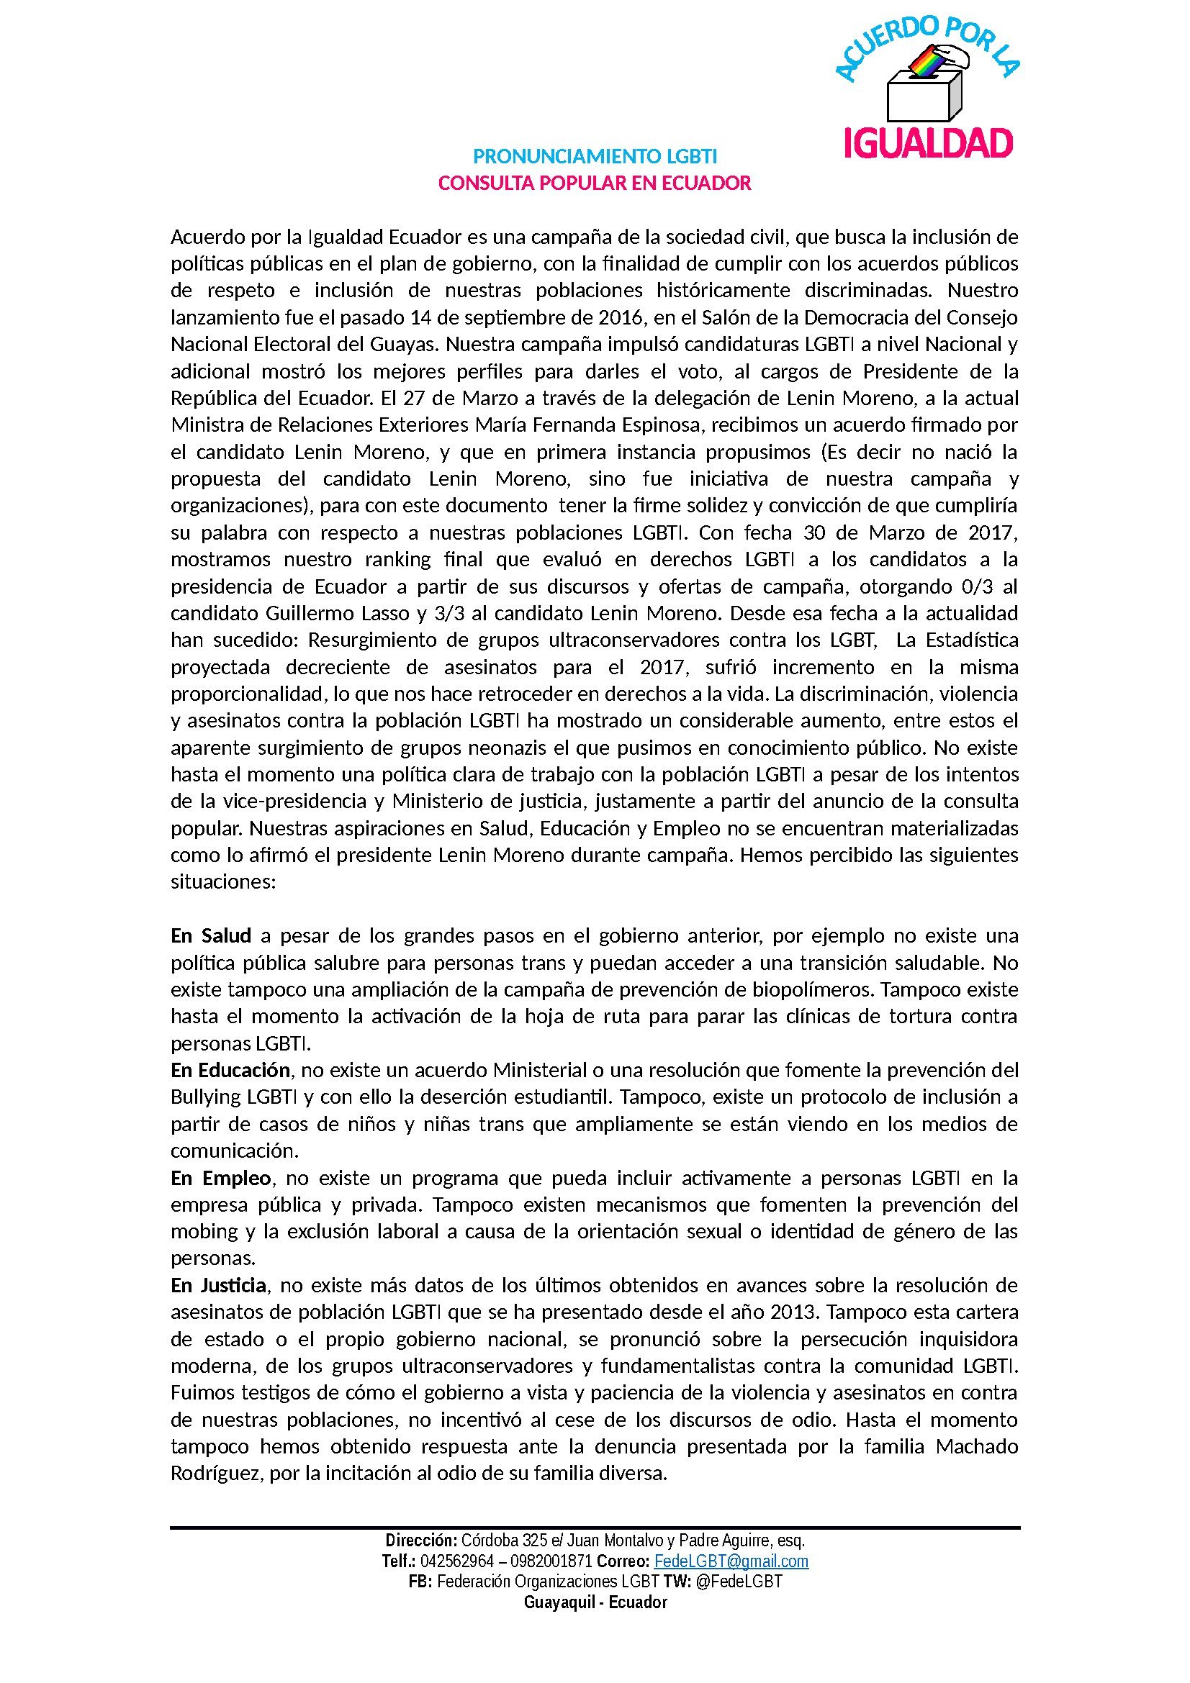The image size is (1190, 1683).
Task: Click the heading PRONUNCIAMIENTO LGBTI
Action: pos(595,156)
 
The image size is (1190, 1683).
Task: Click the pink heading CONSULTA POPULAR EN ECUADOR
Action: pos(595,183)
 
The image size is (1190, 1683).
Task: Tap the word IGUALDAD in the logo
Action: pos(928,143)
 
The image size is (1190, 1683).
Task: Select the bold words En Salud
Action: pos(211,935)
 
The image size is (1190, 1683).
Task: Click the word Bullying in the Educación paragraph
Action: pos(206,1097)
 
